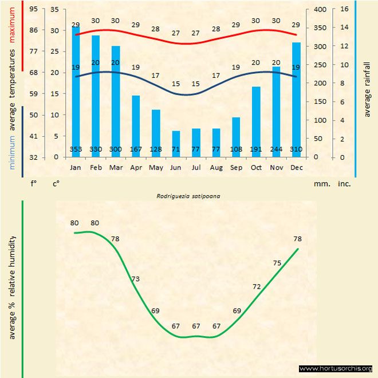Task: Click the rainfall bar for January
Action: [x=76, y=92]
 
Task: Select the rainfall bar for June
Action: [x=176, y=144]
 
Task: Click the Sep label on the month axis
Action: [x=236, y=168]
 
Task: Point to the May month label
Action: [x=156, y=168]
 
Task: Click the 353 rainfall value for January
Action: [x=76, y=149]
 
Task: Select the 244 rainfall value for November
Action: [x=276, y=149]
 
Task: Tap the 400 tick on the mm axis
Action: [x=320, y=9]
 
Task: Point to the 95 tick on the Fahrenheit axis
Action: [x=34, y=9]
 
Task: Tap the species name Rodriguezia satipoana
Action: [x=188, y=195]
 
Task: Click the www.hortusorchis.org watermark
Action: [x=336, y=368]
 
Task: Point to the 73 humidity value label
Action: [x=136, y=279]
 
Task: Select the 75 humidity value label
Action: [x=277, y=263]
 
